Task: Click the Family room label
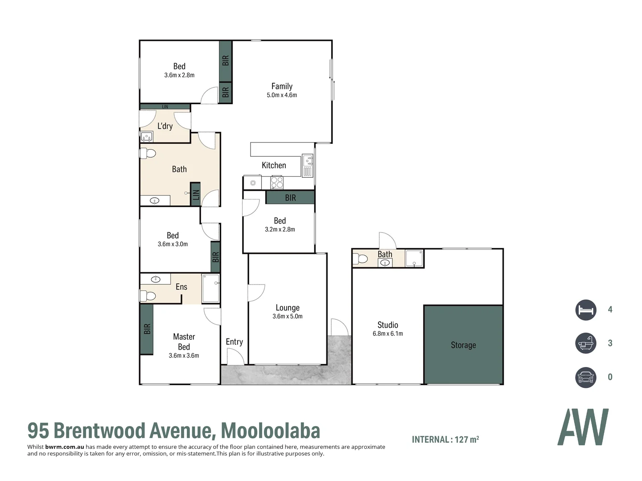282,86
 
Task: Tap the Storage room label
463,345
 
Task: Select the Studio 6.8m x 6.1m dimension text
387,334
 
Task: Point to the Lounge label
288,308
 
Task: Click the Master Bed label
184,342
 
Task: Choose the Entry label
234,342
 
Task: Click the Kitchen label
274,165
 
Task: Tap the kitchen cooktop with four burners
277,182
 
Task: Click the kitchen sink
307,159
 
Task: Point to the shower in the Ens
211,288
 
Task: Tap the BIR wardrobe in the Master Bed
147,329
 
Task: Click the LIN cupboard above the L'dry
165,107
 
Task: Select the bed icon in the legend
585,310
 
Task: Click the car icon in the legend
585,377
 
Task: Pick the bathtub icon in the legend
585,343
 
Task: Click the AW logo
583,427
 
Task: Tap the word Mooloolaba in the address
271,431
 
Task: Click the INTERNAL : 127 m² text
445,440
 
